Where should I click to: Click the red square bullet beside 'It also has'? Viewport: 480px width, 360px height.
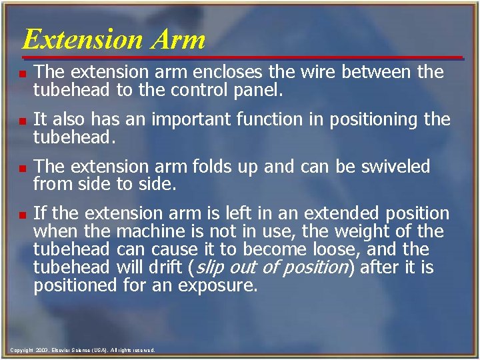tap(23, 121)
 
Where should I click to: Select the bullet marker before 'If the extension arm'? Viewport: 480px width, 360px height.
tap(23, 215)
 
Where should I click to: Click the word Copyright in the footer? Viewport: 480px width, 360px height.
tap(22, 350)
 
